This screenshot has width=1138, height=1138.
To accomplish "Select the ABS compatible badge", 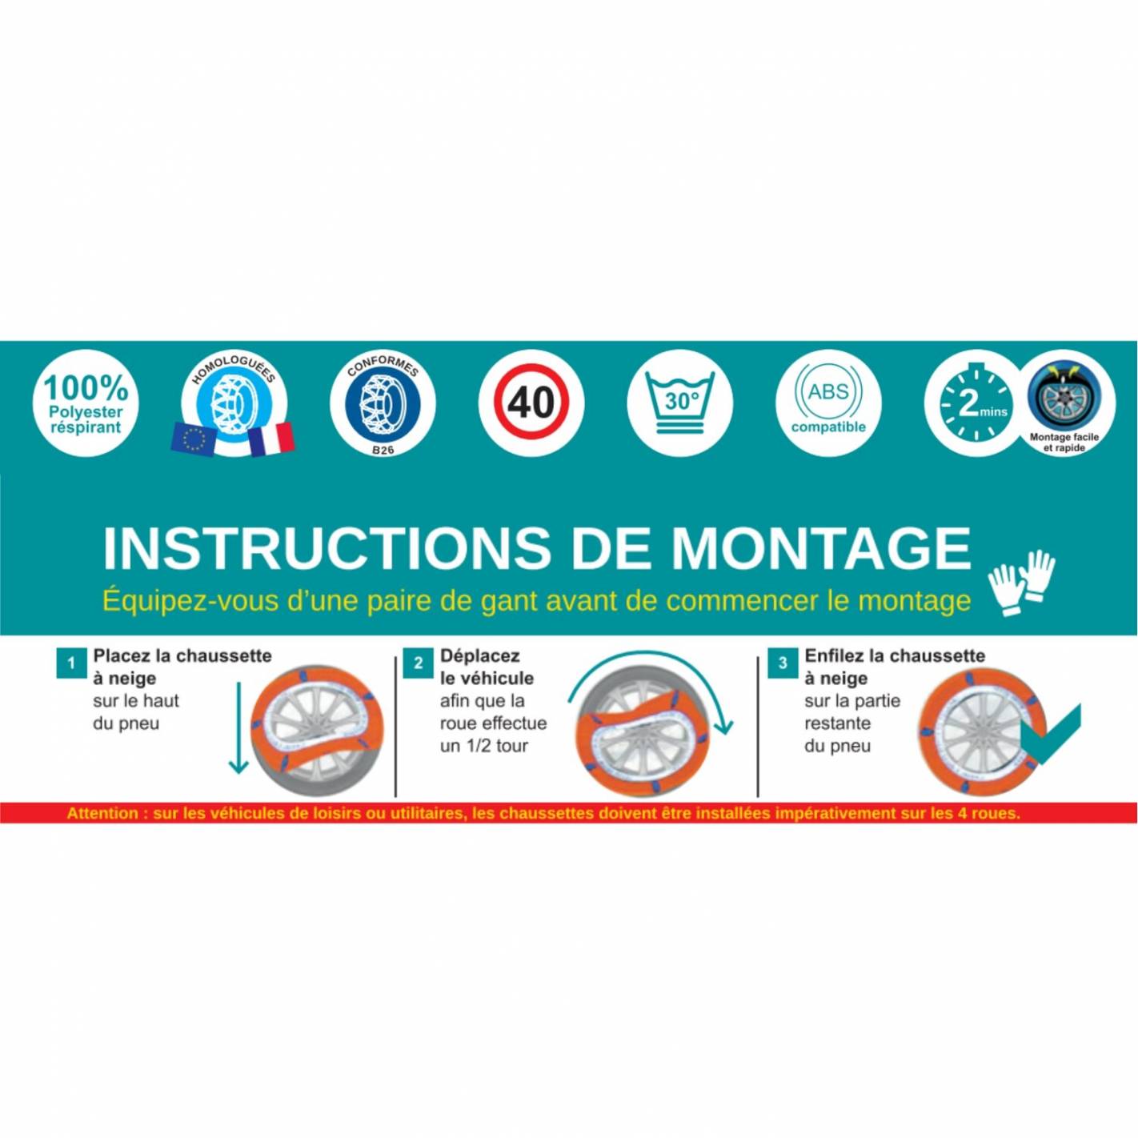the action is click(x=828, y=404).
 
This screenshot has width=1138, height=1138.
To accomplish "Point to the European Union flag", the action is click(x=193, y=439).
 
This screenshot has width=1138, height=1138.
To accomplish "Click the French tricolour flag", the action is click(x=270, y=439).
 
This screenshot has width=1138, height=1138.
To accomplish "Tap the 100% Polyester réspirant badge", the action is click(x=86, y=404).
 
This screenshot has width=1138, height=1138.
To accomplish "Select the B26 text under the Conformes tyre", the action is click(x=383, y=449).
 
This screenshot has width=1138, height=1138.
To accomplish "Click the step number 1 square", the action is click(x=71, y=663).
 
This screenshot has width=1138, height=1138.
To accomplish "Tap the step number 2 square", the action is click(x=418, y=663).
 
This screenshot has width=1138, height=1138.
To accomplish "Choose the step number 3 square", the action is click(x=783, y=663).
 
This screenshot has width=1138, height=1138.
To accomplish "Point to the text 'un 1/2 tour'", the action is click(x=483, y=745).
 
